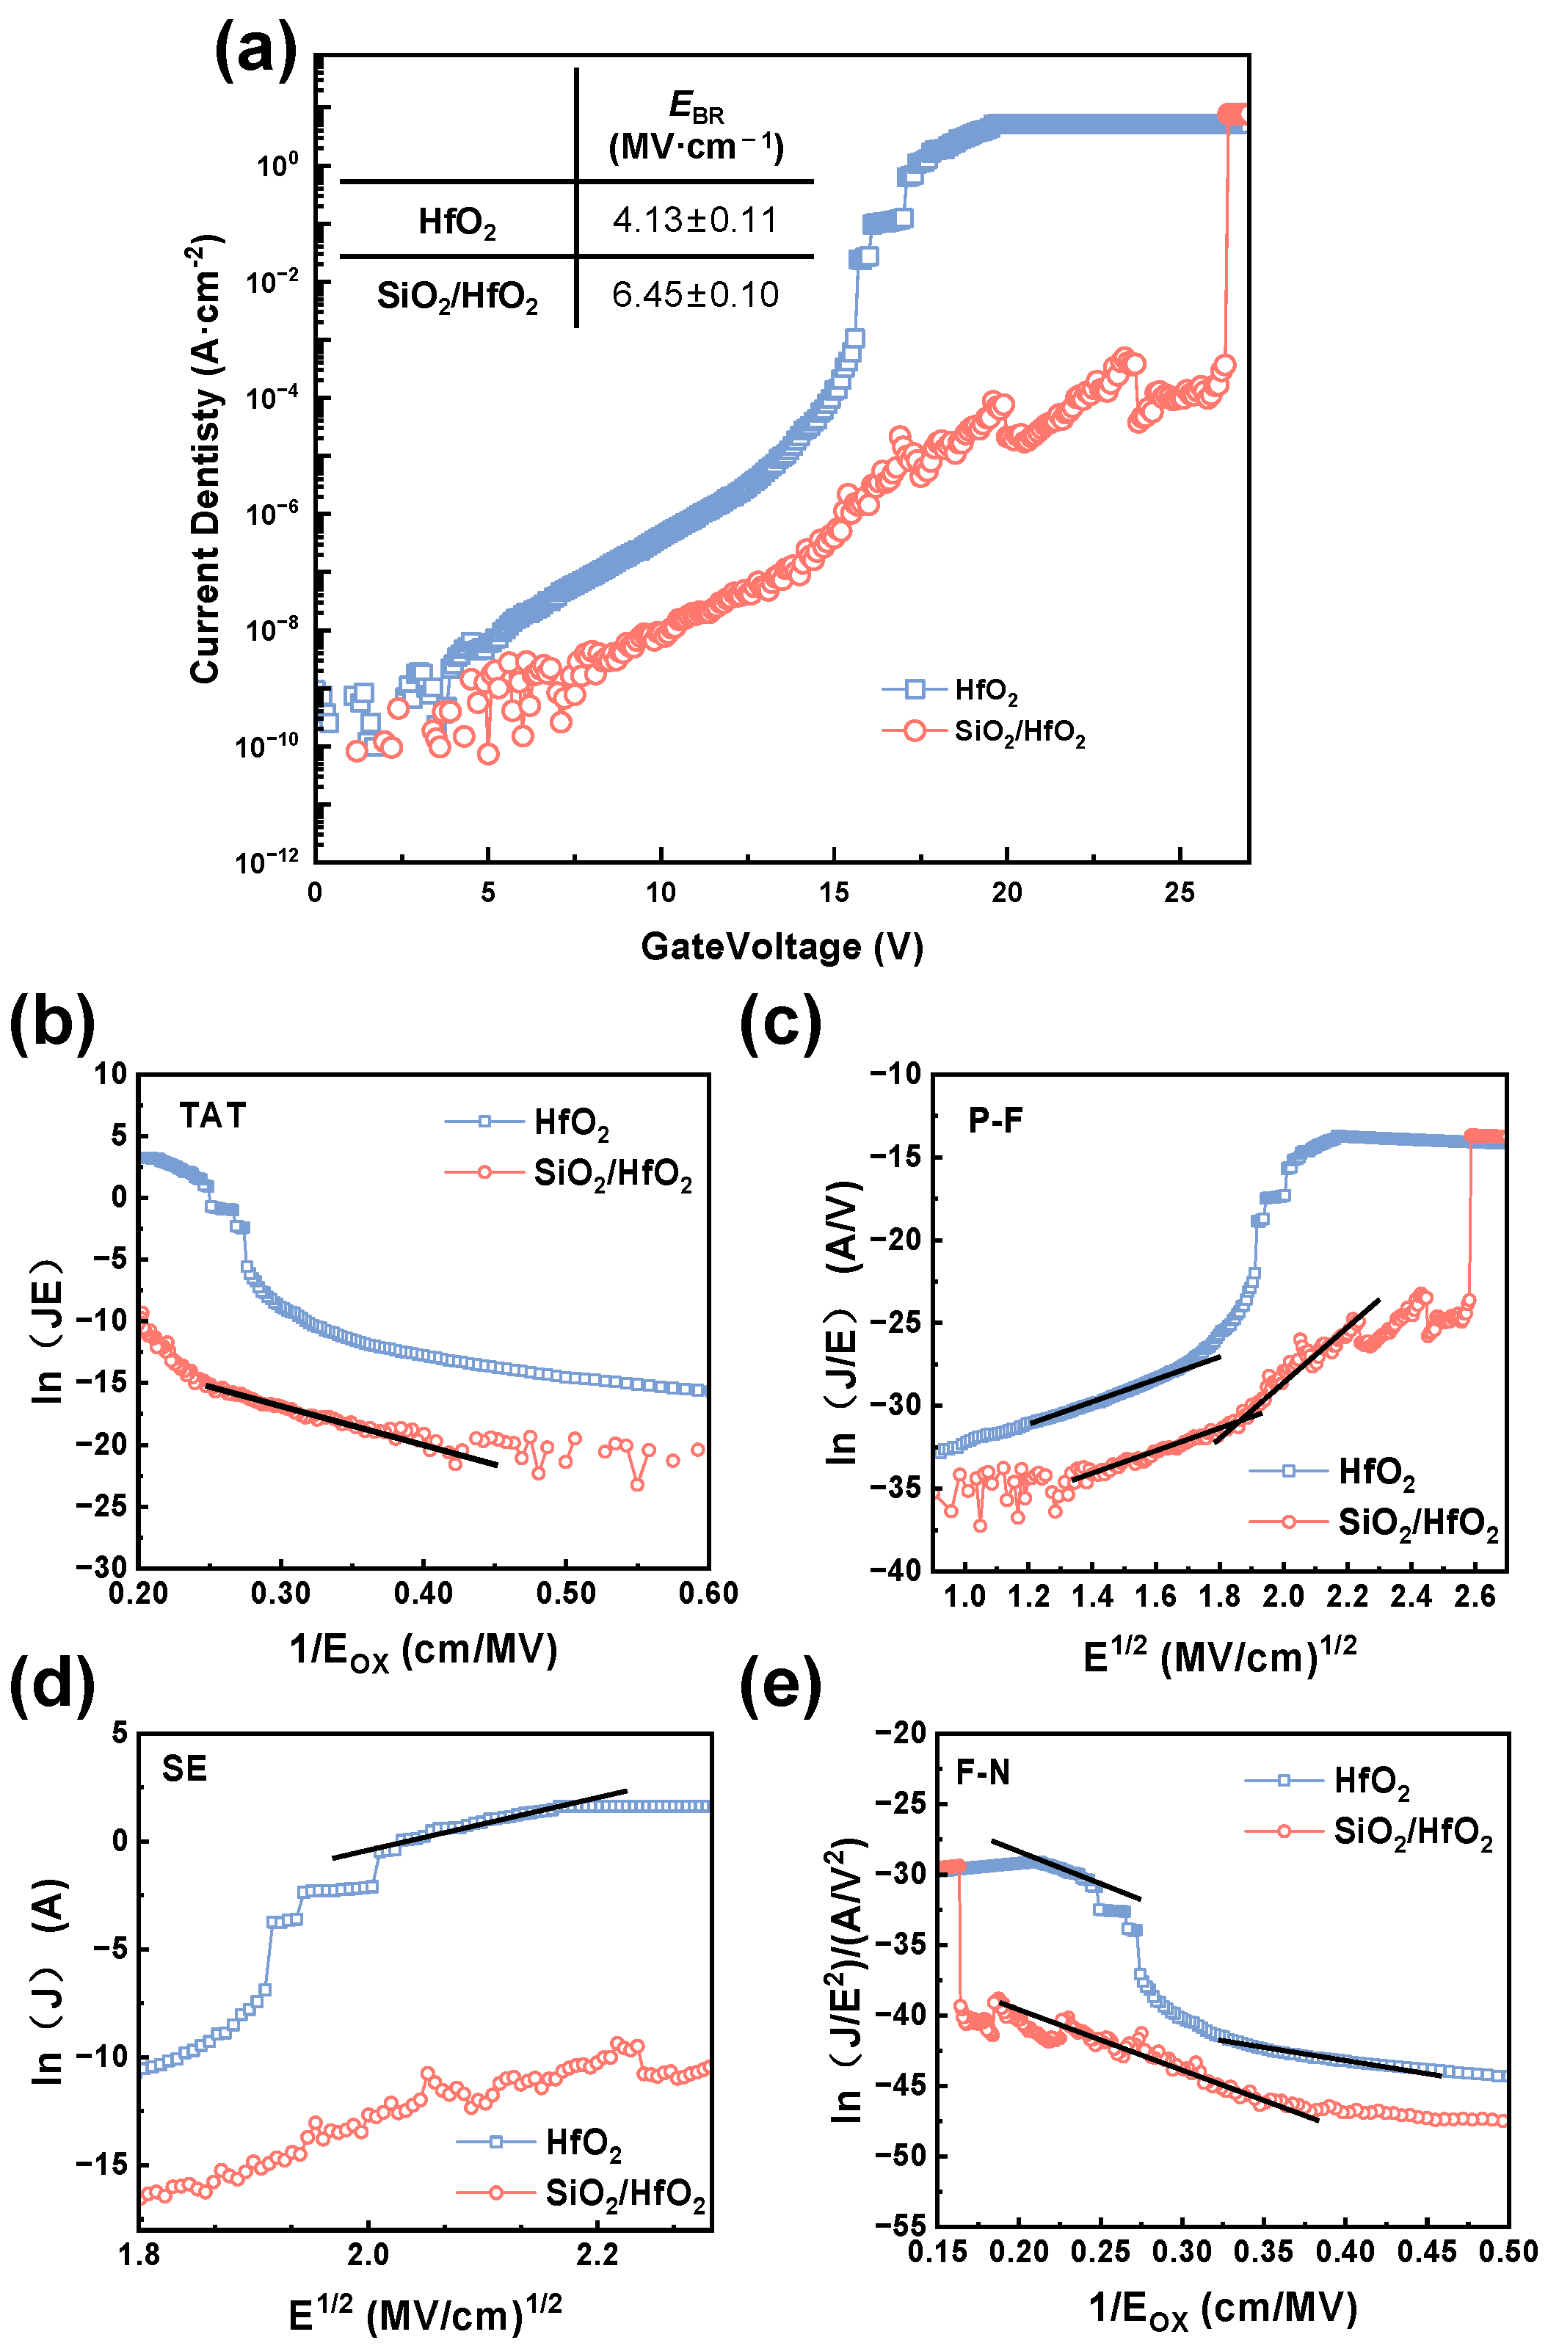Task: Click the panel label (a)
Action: [x=255, y=49]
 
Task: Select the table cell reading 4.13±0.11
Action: [x=694, y=219]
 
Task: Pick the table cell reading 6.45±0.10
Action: [x=694, y=294]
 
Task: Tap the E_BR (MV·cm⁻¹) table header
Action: [x=696, y=126]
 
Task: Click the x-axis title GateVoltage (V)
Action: [x=782, y=946]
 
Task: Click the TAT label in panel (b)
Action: [x=212, y=1115]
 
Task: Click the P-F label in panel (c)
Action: [x=995, y=1120]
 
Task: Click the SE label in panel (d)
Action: [x=185, y=1768]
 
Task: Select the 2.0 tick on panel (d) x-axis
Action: [x=368, y=2254]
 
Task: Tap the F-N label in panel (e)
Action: [x=983, y=1772]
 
